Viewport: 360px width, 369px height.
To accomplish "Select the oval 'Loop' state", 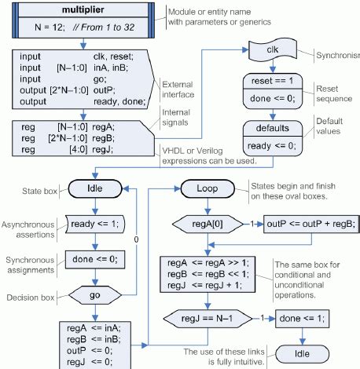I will [x=205, y=188].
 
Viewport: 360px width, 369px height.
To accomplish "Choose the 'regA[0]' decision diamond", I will [x=205, y=223].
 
